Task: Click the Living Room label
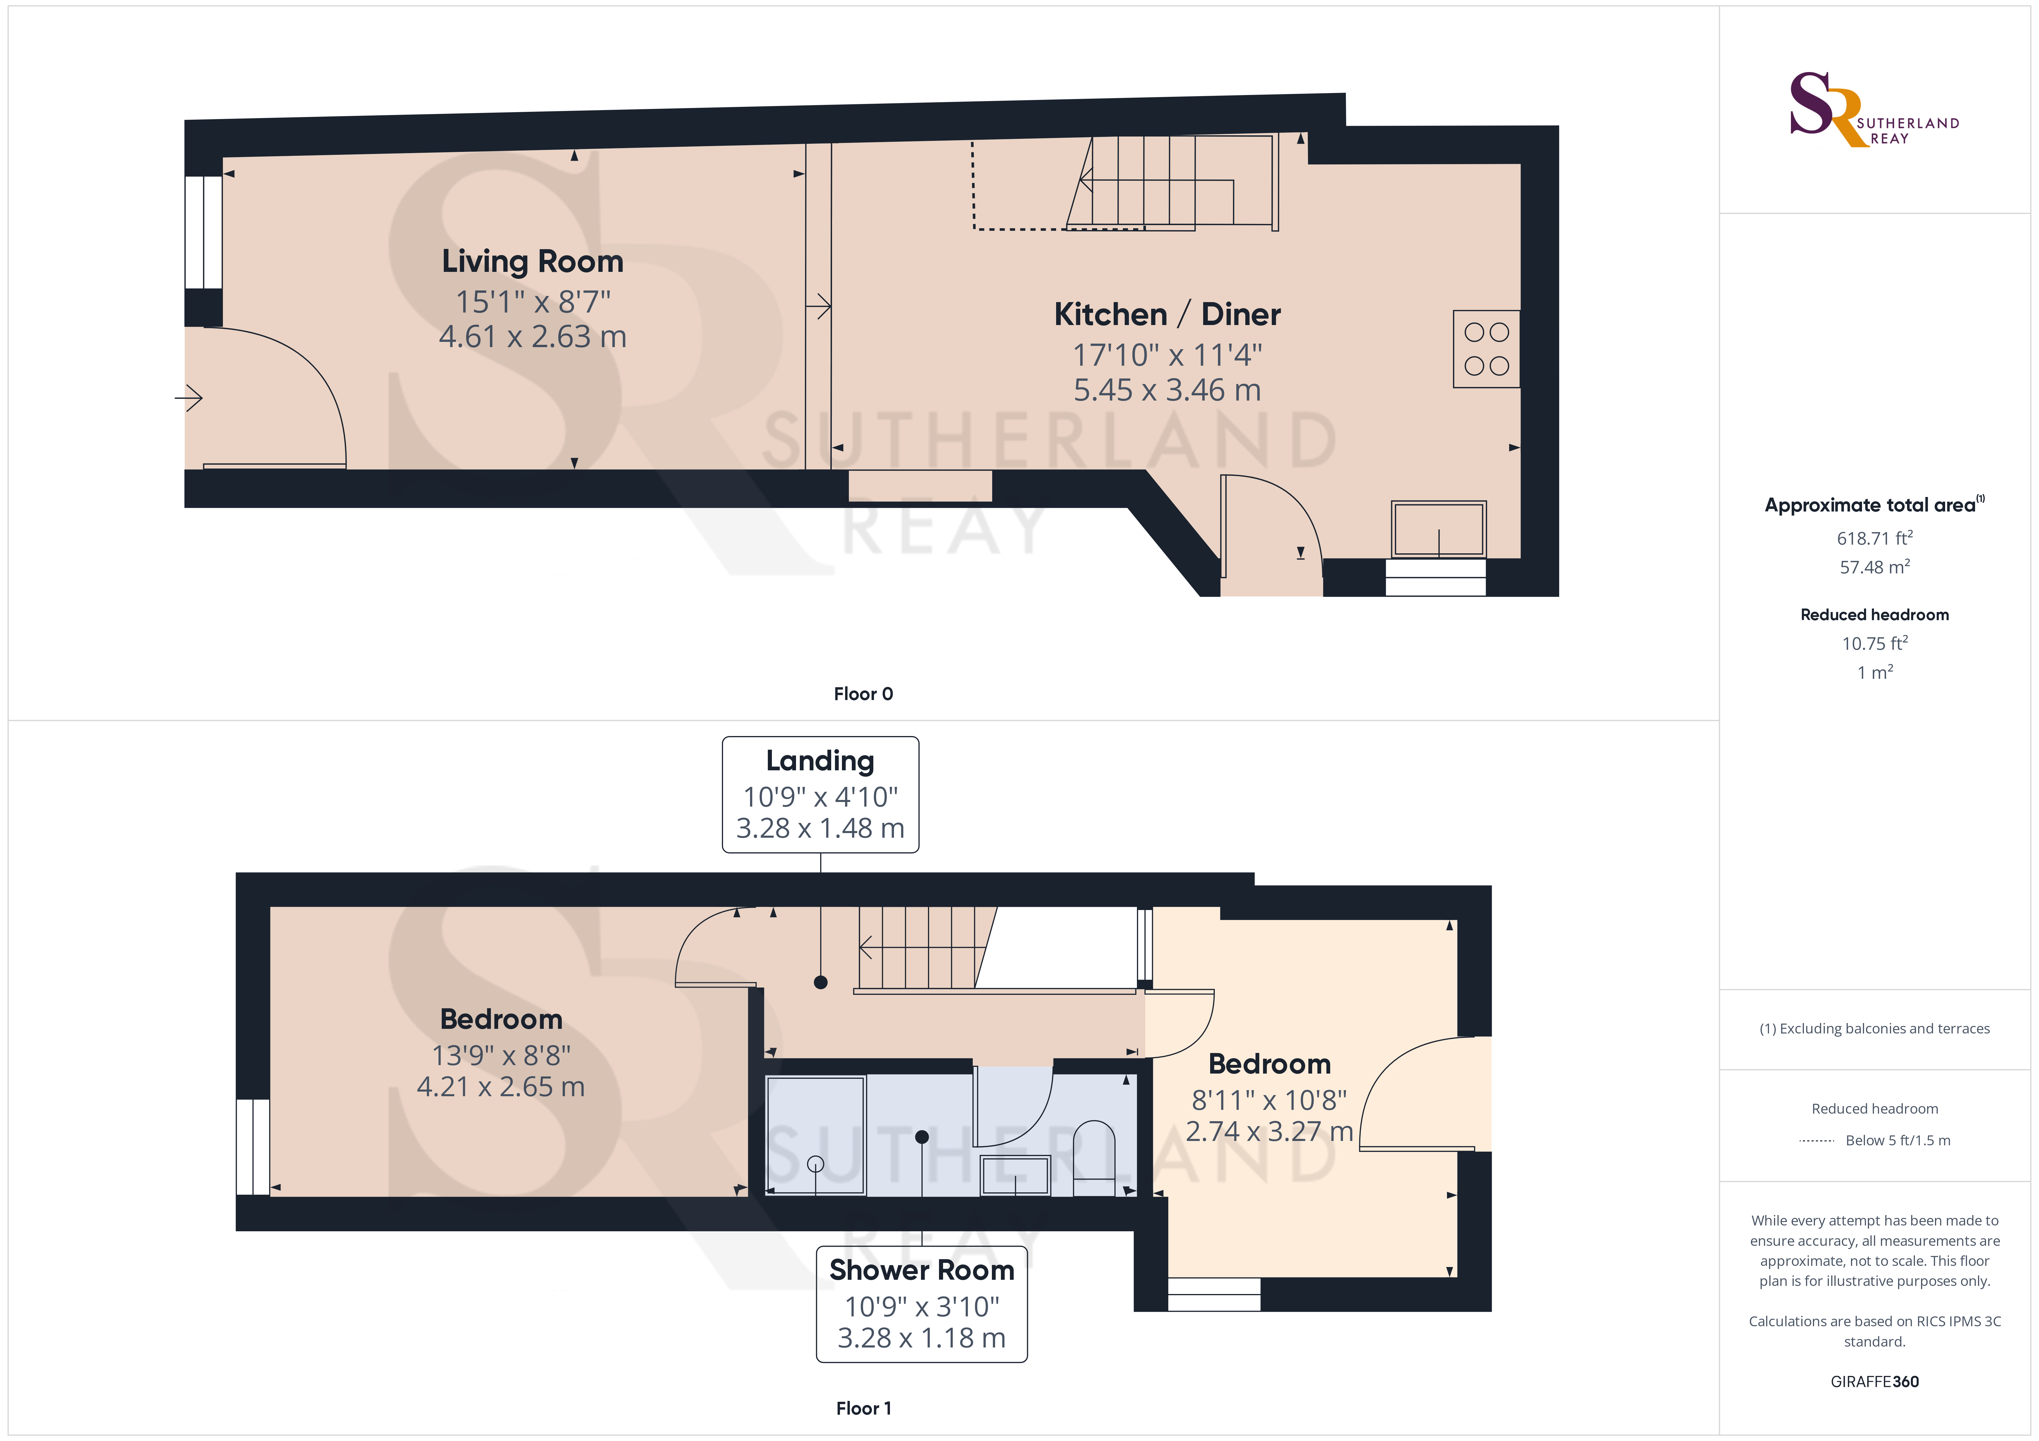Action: [533, 261]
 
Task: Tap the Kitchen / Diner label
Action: [1167, 314]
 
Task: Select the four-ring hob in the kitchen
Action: [1486, 349]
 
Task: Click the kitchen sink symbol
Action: [1439, 529]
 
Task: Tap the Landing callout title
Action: [820, 761]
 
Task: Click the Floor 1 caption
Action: [863, 1408]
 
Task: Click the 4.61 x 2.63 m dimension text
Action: [533, 336]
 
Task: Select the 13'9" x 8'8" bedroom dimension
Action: [501, 1055]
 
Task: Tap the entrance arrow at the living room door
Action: [189, 398]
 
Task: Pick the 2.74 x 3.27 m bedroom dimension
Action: [1269, 1131]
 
